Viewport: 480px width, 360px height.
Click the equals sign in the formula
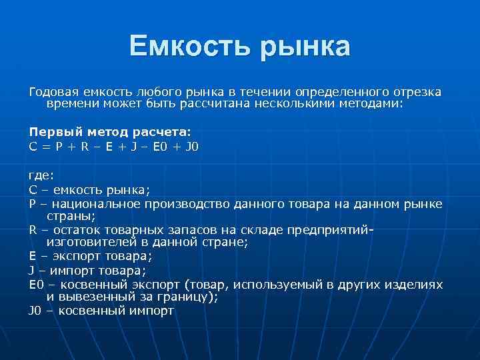tap(44, 147)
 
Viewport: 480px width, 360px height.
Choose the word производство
tap(203, 203)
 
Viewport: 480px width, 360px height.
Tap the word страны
tap(71, 216)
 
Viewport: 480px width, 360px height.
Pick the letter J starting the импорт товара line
tap(31, 271)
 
